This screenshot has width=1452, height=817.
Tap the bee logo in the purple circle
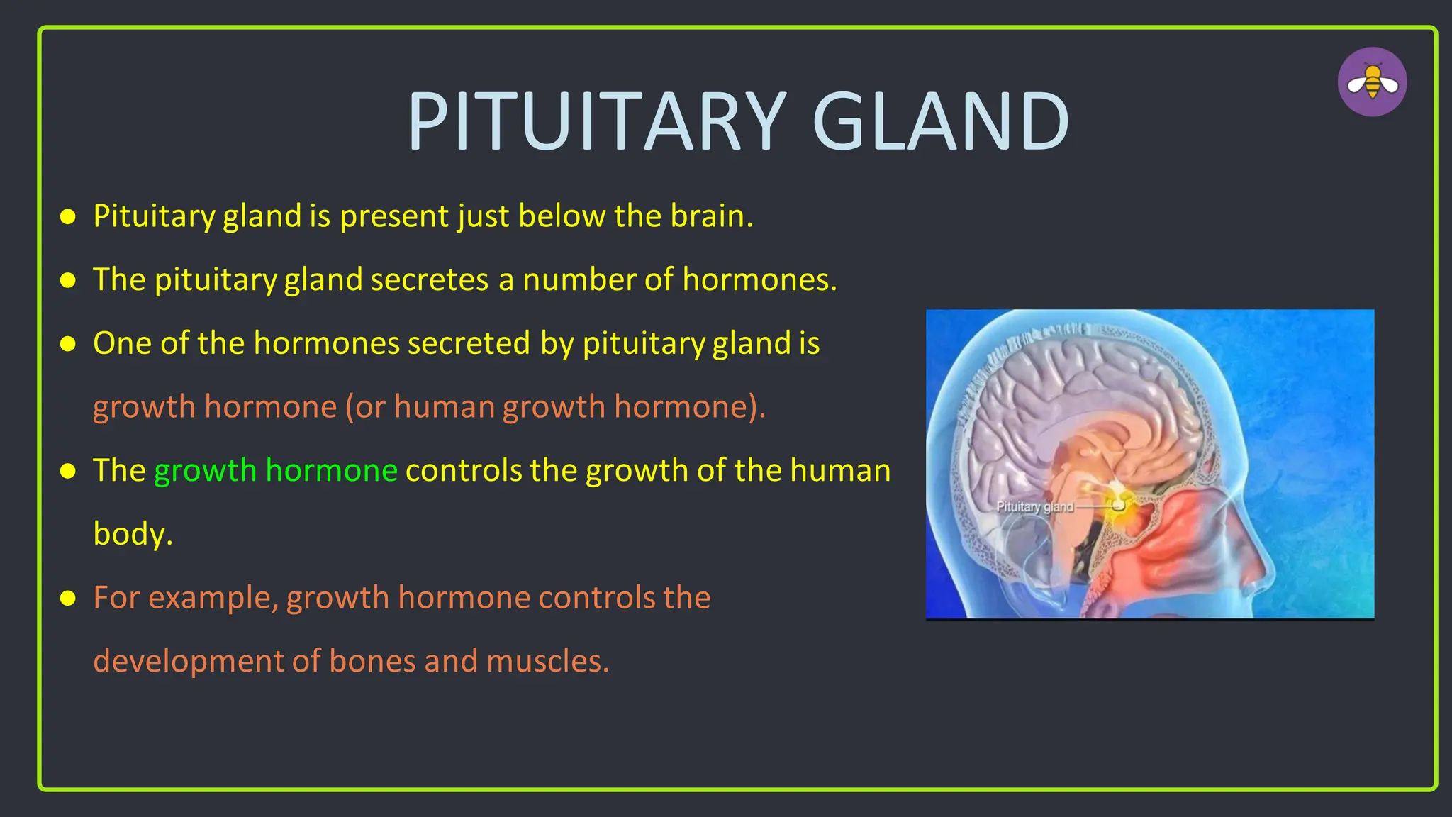tap(1372, 82)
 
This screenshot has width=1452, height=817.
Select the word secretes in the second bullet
tap(429, 279)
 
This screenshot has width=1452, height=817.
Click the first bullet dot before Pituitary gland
tap(68, 217)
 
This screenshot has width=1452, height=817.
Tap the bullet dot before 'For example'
tap(68, 599)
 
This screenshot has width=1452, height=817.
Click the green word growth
tap(205, 470)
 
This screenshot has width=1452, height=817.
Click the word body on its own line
tap(132, 534)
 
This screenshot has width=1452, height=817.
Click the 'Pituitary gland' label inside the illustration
tap(1034, 506)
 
